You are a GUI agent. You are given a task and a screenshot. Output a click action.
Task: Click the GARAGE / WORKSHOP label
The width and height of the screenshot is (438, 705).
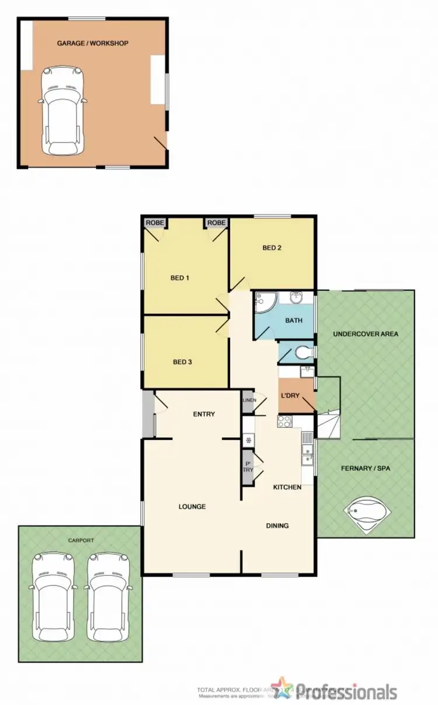[x=93, y=43]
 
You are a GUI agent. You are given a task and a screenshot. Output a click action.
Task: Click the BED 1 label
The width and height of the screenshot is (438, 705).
[x=180, y=278]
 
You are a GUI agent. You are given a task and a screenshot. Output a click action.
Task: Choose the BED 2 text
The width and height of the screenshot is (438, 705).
[x=272, y=248]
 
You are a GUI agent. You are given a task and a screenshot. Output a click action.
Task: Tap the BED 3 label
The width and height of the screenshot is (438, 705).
[x=183, y=362]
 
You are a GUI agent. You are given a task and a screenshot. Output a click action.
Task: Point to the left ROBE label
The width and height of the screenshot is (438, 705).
[x=155, y=223]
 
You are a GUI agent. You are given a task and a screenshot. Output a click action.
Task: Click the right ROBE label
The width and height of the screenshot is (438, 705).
[x=216, y=223]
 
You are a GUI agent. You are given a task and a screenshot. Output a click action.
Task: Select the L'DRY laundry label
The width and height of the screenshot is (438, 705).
[x=290, y=396]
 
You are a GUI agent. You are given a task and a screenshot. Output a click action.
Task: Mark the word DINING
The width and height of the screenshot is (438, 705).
[x=277, y=526]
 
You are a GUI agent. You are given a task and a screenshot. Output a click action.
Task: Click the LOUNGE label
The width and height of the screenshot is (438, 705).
[x=192, y=506]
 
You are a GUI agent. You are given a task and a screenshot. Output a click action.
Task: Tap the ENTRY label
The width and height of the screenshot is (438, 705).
[x=204, y=414]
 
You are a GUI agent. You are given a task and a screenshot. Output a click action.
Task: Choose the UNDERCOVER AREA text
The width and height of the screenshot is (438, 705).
[x=365, y=334]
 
